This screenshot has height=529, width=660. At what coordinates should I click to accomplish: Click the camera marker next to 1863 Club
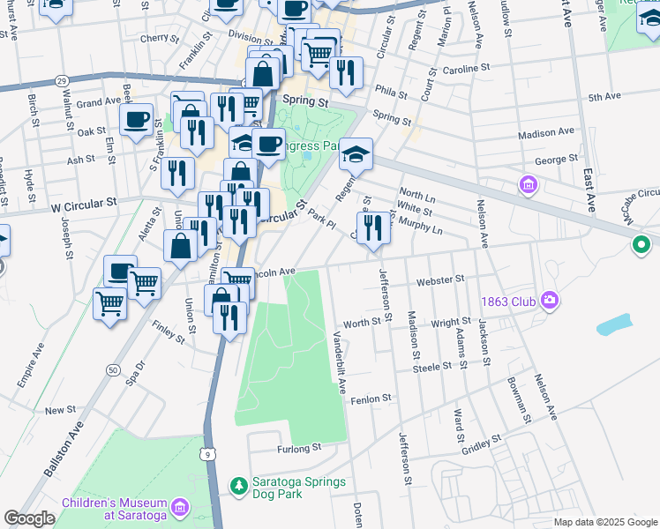(551, 301)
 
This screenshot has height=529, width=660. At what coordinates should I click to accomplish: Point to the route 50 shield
(113, 370)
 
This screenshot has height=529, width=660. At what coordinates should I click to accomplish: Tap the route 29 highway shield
(61, 80)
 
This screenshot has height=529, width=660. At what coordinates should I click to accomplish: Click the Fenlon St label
(371, 399)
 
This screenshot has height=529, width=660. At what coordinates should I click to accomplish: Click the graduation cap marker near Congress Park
(356, 153)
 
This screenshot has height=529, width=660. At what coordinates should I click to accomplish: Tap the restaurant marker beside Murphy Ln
(374, 227)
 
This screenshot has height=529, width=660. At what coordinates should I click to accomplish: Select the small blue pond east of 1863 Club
(614, 325)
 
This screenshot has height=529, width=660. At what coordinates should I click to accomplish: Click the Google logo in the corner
(29, 518)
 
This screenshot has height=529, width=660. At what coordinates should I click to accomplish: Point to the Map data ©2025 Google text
(604, 522)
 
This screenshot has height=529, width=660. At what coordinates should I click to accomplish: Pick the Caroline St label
(466, 68)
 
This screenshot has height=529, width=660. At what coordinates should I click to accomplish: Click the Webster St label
(440, 279)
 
